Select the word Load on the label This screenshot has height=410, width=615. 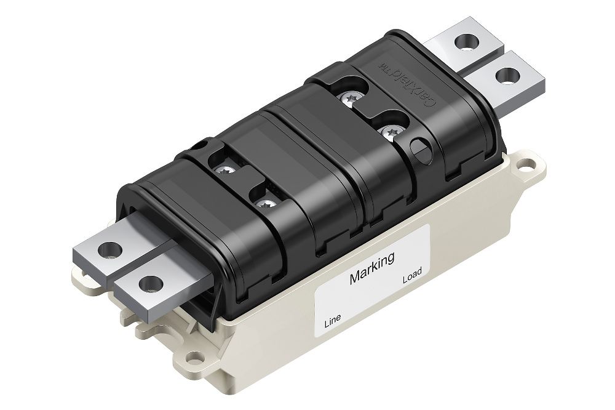click(x=412, y=279)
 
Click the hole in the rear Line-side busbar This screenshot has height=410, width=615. click(x=111, y=250)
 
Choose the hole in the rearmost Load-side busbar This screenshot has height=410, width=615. click(x=467, y=45)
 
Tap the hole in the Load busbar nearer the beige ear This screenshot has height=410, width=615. click(x=505, y=77)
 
